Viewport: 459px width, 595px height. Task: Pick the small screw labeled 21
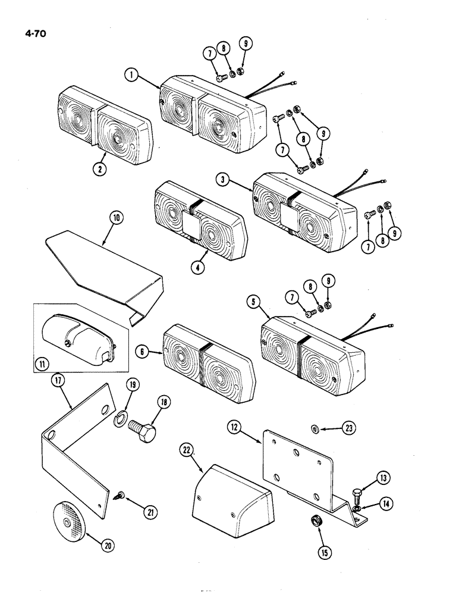(120, 493)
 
